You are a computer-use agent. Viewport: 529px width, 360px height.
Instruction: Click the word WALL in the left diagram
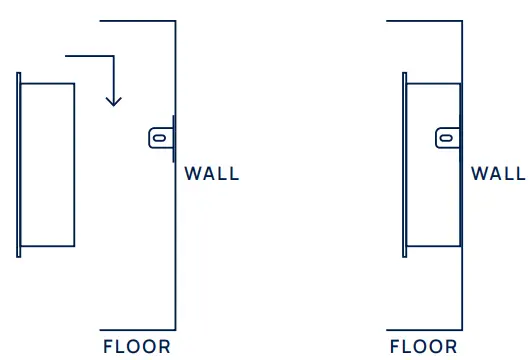pyautogui.click(x=212, y=174)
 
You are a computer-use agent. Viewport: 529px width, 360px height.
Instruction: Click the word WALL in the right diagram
pyautogui.click(x=498, y=174)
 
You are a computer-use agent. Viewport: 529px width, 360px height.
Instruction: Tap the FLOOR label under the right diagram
pyautogui.click(x=424, y=347)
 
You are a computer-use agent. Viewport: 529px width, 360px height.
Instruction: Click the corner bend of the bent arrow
pyautogui.click(x=116, y=56)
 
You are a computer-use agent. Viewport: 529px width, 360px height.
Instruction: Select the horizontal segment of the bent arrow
pyautogui.click(x=88, y=56)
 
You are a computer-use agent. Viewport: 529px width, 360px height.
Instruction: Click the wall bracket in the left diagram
pyautogui.click(x=160, y=136)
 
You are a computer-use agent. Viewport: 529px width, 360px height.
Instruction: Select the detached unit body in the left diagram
pyautogui.click(x=47, y=165)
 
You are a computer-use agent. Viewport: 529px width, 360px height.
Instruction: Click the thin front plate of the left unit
pyautogui.click(x=18, y=165)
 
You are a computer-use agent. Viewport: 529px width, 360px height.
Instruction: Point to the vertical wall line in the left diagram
pyautogui.click(x=176, y=250)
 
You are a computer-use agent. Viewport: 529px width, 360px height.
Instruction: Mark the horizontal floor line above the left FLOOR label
pyautogui.click(x=138, y=329)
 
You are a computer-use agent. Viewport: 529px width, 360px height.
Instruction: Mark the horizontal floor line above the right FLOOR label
pyautogui.click(x=425, y=329)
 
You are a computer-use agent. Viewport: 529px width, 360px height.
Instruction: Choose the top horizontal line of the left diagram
pyautogui.click(x=138, y=20)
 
